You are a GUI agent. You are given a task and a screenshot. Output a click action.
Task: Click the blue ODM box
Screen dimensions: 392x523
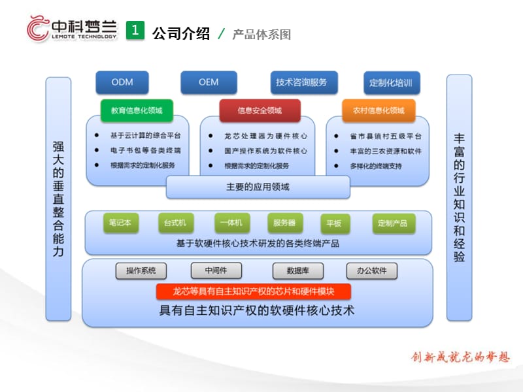(122, 82)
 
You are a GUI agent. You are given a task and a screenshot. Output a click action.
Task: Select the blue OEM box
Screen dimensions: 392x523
(209, 82)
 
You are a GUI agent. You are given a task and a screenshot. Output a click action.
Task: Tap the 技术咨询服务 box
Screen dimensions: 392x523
(302, 82)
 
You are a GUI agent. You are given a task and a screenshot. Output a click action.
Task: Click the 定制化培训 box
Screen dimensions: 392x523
(391, 83)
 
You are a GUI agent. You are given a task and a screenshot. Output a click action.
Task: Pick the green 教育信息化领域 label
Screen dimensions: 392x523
(137, 110)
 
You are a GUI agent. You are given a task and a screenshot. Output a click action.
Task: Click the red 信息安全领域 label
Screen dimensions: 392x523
(260, 110)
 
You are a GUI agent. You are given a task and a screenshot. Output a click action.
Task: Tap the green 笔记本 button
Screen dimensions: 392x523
(121, 223)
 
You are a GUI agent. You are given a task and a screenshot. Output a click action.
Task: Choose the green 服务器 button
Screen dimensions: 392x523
(284, 223)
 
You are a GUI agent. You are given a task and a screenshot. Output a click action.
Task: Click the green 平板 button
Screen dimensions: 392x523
(333, 223)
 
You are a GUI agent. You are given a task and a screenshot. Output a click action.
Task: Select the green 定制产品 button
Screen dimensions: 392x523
(392, 223)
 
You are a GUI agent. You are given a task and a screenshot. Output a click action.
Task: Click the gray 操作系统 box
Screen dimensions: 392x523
(141, 270)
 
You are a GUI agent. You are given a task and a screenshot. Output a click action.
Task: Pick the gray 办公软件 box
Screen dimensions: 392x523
(371, 270)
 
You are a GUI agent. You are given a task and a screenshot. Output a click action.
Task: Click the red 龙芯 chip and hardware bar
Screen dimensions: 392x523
(254, 291)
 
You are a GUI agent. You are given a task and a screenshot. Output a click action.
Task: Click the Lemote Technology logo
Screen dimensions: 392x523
(72, 29)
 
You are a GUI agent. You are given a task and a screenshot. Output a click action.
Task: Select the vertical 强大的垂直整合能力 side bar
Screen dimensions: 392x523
(58, 199)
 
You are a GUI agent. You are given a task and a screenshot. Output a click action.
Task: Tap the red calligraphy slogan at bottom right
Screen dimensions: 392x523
(459, 357)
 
